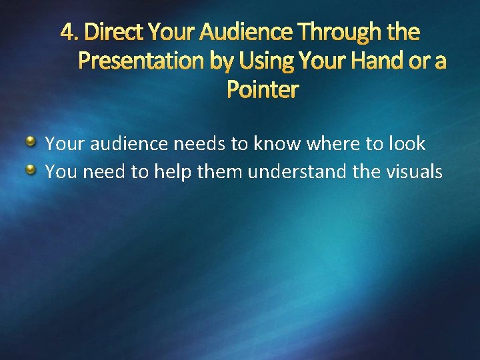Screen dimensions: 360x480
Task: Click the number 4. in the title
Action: tap(69, 31)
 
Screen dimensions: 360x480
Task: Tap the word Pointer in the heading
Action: tap(263, 89)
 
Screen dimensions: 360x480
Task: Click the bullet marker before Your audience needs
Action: tap(31, 142)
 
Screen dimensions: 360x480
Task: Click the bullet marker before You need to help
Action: tap(31, 171)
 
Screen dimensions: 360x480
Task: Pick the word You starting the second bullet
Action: tap(59, 172)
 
